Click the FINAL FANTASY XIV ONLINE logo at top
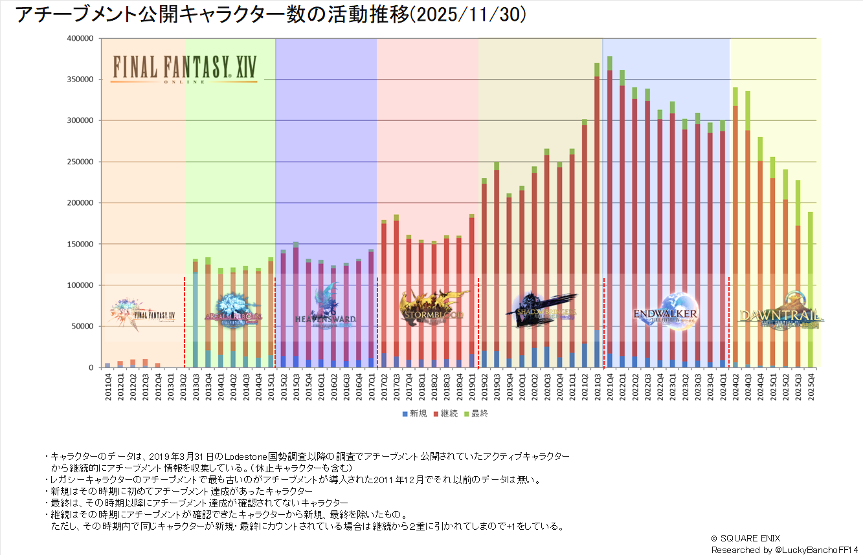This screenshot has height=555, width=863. [184, 69]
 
